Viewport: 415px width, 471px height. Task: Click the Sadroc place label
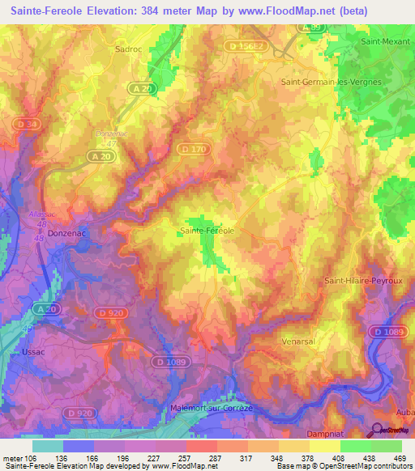(129, 49)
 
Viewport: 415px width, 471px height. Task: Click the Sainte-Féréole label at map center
(207, 231)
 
